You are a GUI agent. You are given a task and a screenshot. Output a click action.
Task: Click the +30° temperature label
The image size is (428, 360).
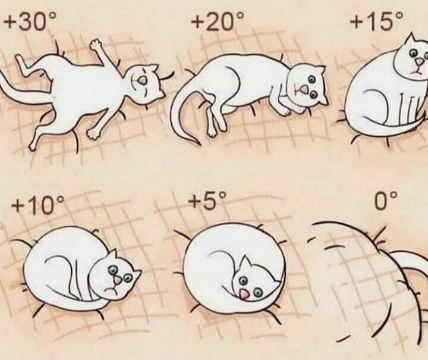(x=30, y=21)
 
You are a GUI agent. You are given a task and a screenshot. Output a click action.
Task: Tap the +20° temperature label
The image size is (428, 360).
(x=217, y=21)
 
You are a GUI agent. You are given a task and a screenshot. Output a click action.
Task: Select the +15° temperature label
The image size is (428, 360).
(x=376, y=21)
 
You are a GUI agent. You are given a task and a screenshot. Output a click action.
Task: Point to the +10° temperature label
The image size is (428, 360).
(x=37, y=205)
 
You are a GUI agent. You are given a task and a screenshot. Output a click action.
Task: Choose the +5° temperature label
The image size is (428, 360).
(x=207, y=201)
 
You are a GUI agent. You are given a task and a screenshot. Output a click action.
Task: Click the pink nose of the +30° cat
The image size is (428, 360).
(x=142, y=80)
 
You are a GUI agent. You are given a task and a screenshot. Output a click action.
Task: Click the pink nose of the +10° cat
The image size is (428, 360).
(x=118, y=280)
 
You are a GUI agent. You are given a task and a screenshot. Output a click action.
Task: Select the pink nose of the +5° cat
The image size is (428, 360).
(x=244, y=294)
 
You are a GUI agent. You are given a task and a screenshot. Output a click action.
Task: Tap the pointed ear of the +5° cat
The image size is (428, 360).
(x=246, y=262)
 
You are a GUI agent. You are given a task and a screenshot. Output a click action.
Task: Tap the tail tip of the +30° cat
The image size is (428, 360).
(x=1, y=74)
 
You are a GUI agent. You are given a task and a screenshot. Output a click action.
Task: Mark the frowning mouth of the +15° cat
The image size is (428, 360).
(x=416, y=72)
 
